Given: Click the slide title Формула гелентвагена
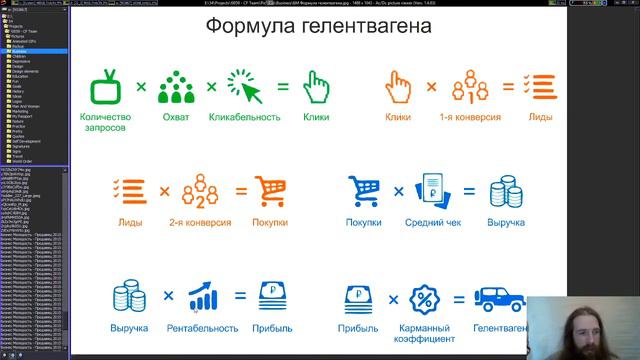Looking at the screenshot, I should coord(319,26).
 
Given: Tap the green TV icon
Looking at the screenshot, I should coord(106,87).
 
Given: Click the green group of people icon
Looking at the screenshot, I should coord(176,87).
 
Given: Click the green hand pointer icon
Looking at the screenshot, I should coord(316,87).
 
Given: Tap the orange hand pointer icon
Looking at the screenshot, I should coord(400,87).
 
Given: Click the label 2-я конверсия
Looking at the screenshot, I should coord(200,222).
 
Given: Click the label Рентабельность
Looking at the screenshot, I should coord(203,328).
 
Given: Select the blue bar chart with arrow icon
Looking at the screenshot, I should coord(204,296).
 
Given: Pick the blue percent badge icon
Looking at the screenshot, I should coord(426,298).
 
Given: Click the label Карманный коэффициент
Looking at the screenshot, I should coord(427,334).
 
